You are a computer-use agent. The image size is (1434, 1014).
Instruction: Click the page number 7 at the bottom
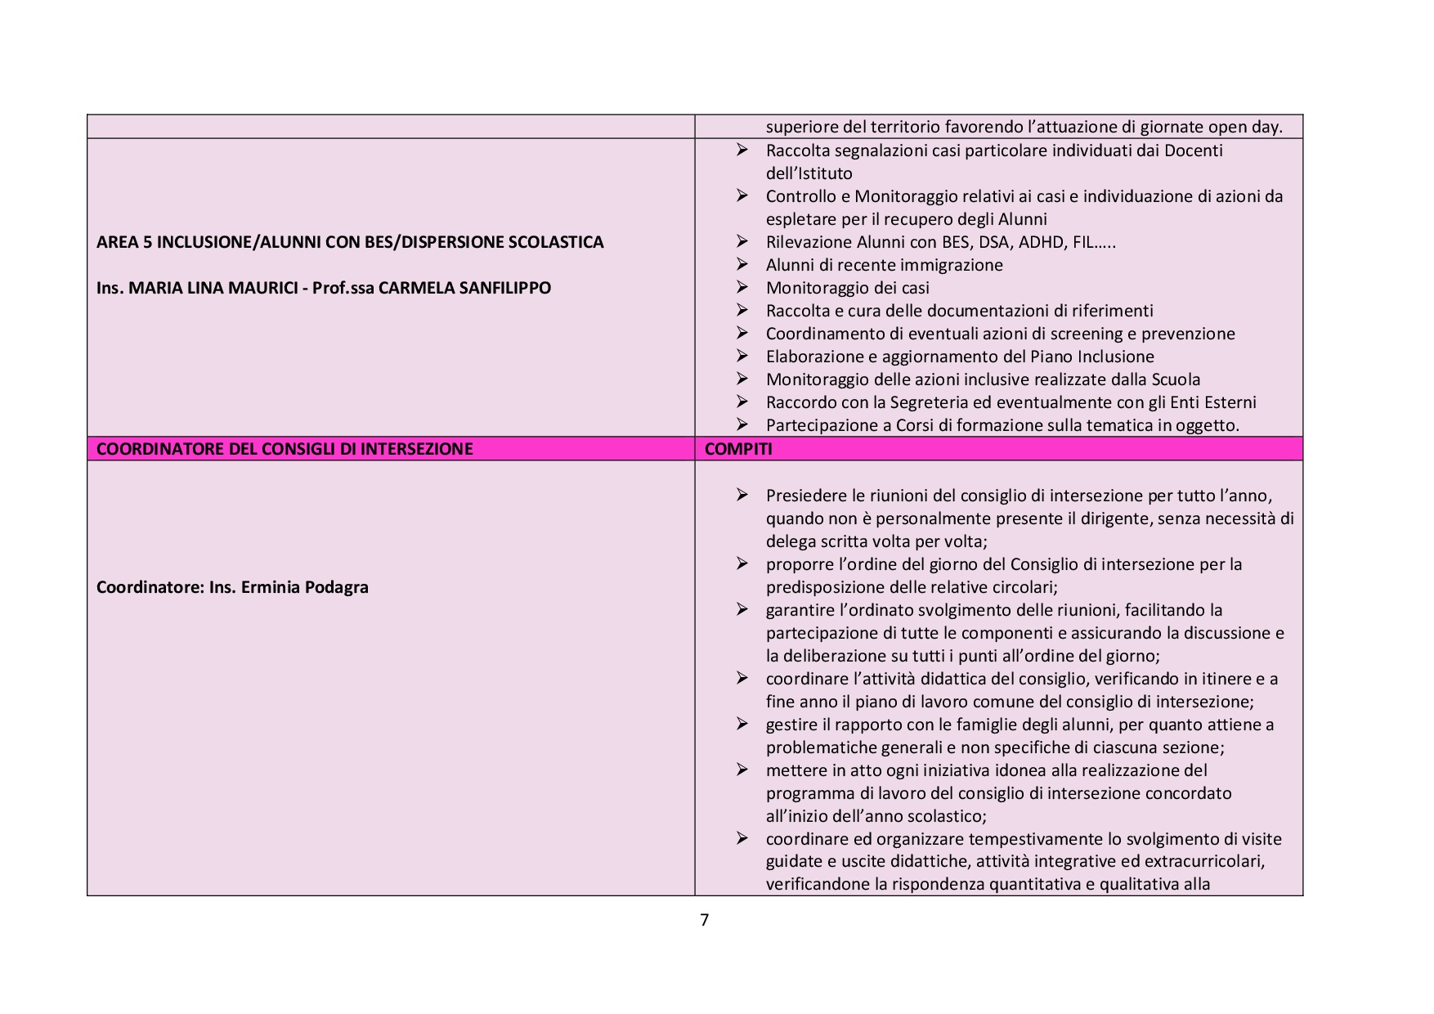705,920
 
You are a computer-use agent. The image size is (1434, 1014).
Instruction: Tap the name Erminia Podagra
304,587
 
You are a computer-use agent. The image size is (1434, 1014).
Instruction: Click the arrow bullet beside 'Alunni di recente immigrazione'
742,264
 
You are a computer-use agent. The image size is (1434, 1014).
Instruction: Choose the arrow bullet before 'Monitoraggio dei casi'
742,287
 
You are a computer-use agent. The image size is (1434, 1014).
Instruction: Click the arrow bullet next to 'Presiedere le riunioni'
742,495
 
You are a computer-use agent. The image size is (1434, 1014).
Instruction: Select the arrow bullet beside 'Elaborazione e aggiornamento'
742,356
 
